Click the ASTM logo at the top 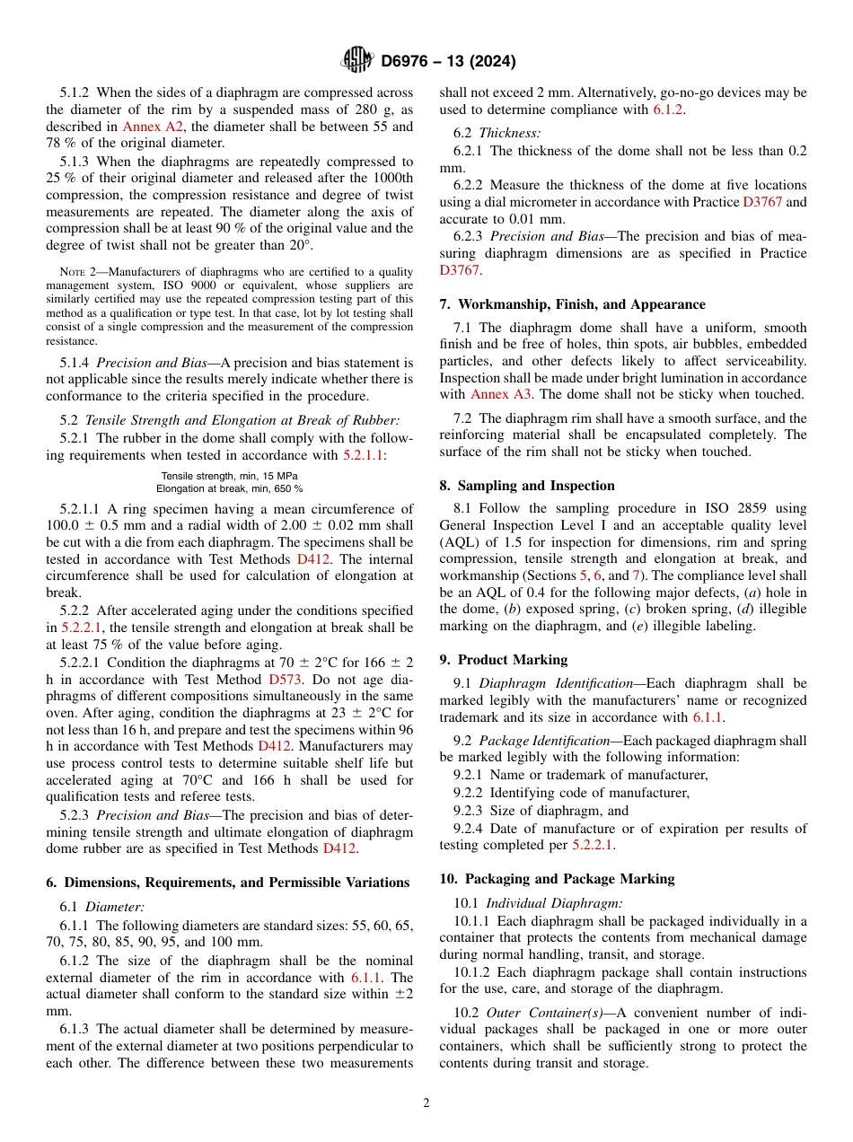point(356,60)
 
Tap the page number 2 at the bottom point(426,1102)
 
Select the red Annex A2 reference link point(142,127)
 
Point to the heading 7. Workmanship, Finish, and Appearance point(572,304)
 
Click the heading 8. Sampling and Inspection point(527,486)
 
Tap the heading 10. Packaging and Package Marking point(557,879)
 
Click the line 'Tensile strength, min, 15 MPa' point(230,476)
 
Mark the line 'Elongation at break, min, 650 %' point(230,488)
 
